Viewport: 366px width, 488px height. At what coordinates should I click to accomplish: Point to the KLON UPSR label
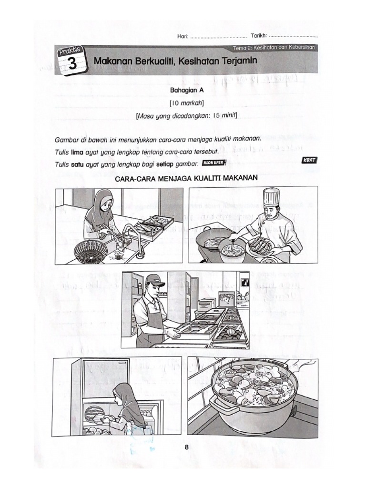pyautogui.click(x=214, y=163)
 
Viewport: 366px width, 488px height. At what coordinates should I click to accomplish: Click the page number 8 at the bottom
pyautogui.click(x=187, y=447)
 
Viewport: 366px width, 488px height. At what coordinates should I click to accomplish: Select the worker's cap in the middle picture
pyautogui.click(x=153, y=280)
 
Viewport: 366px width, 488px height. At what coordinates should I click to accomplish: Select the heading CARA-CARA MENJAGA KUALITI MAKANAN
pyautogui.click(x=186, y=178)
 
